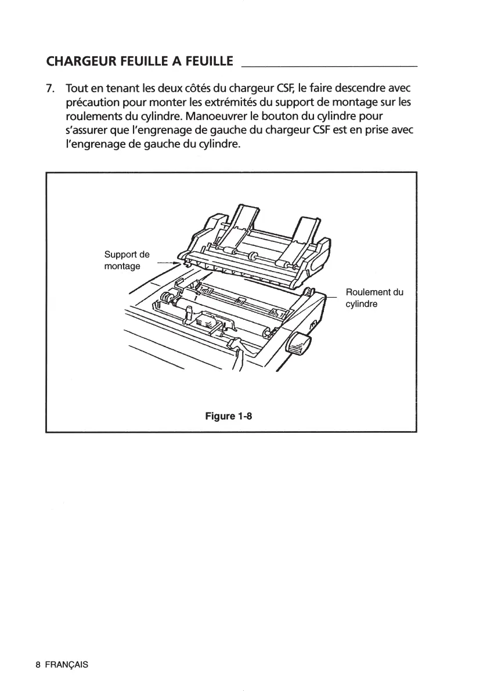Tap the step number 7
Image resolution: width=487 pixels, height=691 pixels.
(x=50, y=90)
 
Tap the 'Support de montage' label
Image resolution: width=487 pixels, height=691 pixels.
(x=126, y=261)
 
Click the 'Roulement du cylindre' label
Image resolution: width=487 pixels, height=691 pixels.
(x=374, y=298)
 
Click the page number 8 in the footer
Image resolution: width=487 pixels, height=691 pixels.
(x=38, y=664)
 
